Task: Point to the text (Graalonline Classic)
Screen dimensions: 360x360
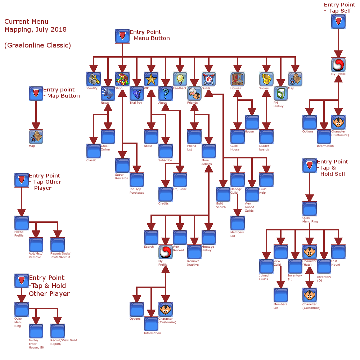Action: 37,45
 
